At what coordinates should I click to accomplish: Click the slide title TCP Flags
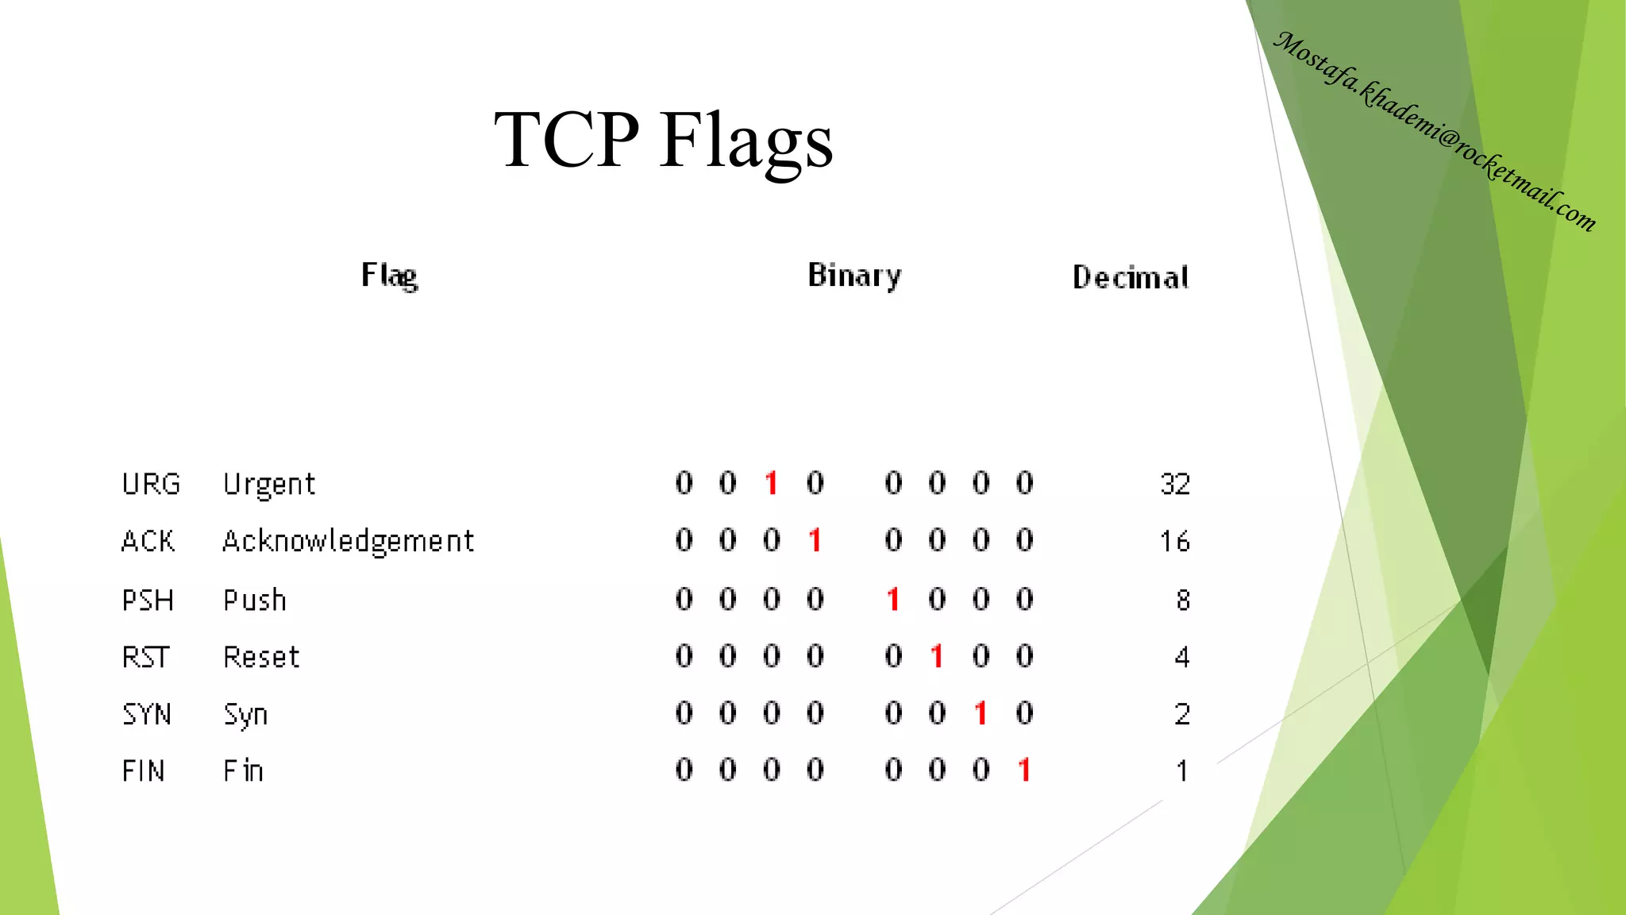click(x=663, y=141)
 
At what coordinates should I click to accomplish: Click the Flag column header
click(x=389, y=276)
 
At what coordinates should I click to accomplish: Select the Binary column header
click(x=854, y=276)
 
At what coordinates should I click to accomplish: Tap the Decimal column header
click(x=1131, y=277)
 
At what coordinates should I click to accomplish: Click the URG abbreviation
click(x=151, y=484)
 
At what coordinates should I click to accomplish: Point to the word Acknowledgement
click(x=348, y=542)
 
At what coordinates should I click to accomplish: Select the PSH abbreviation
click(x=148, y=600)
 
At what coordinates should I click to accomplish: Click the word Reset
click(x=261, y=657)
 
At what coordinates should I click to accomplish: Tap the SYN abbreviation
click(x=147, y=714)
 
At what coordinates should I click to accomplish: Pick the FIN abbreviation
click(x=144, y=770)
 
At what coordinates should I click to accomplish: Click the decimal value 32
click(x=1175, y=484)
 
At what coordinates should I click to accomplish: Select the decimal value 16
click(x=1174, y=542)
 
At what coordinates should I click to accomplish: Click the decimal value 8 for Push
click(x=1182, y=600)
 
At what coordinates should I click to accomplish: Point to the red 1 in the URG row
click(x=771, y=483)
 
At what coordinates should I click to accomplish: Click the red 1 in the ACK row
click(x=815, y=540)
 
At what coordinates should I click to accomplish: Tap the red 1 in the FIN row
click(x=1024, y=769)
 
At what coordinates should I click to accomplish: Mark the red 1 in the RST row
click(x=937, y=656)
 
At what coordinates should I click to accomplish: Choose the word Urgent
click(x=269, y=485)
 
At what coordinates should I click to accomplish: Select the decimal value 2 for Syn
click(x=1181, y=714)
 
